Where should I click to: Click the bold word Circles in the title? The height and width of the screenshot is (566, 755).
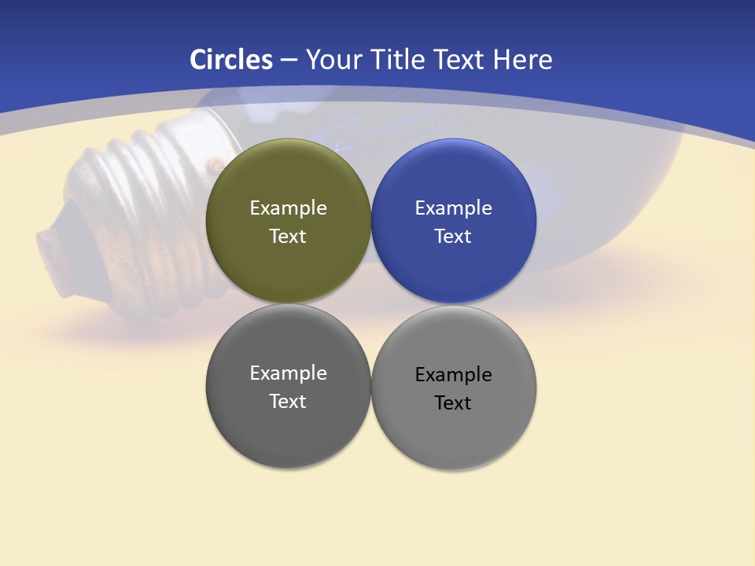click(231, 60)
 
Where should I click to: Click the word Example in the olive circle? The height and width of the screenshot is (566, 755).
click(288, 208)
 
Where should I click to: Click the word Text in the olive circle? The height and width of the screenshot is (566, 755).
click(288, 237)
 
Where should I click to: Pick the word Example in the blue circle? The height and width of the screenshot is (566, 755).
click(453, 208)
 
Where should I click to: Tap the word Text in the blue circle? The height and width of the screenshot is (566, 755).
click(453, 237)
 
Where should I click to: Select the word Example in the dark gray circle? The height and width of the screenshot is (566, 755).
click(288, 373)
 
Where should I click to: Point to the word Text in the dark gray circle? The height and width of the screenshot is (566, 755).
click(288, 402)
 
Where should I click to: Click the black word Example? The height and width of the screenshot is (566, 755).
click(453, 375)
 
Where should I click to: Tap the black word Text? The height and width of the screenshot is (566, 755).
click(453, 403)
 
